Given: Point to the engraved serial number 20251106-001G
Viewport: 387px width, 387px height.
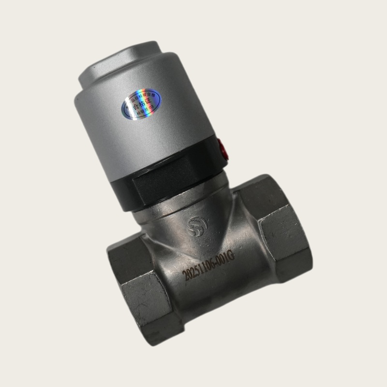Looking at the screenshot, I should coord(208,268).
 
